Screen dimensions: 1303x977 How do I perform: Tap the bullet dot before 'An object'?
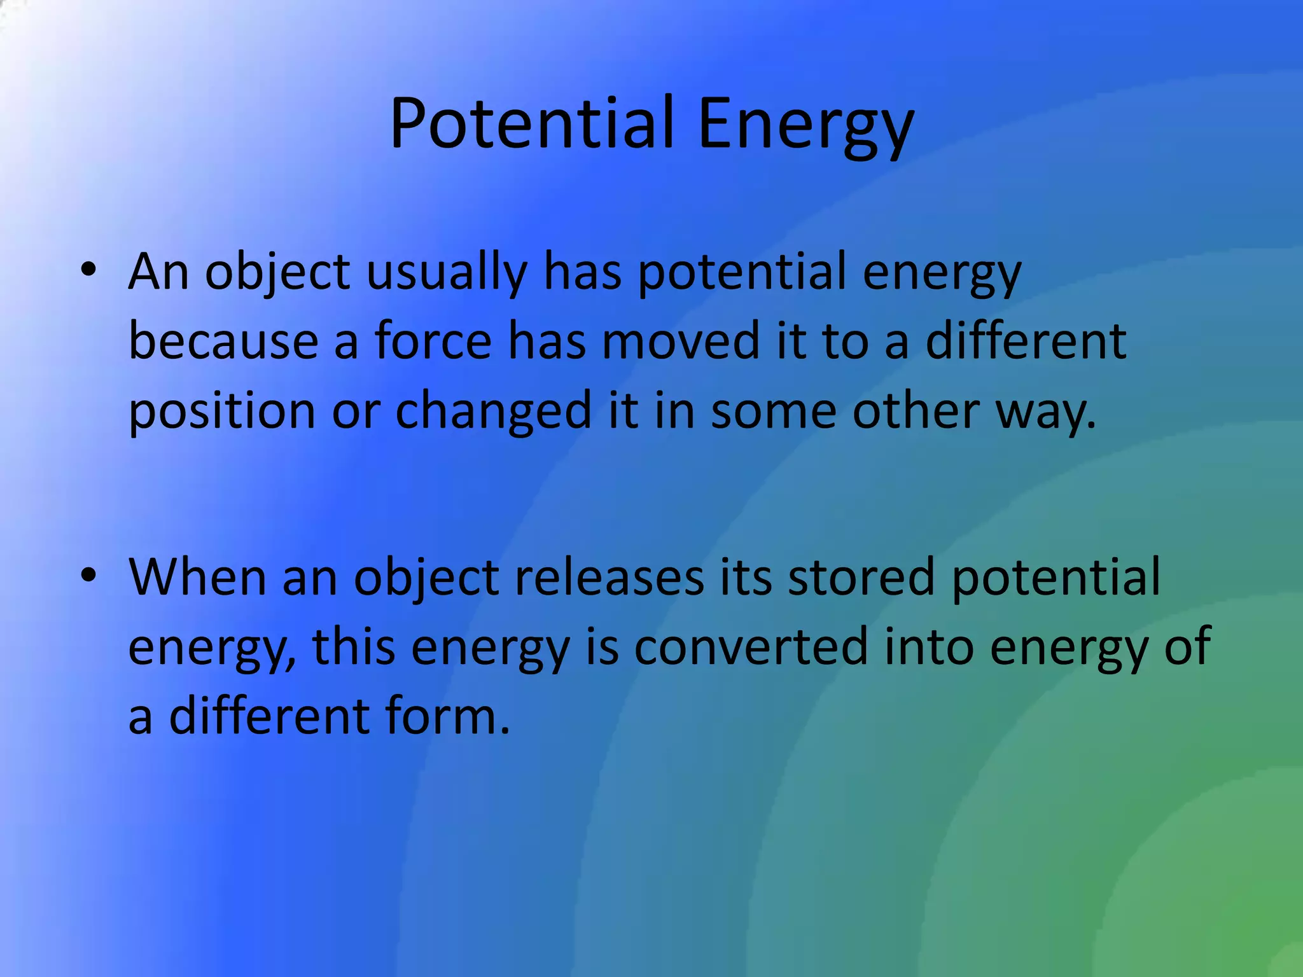tap(88, 270)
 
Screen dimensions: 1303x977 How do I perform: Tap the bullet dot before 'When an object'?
tap(88, 575)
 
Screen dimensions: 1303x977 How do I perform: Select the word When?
tap(198, 576)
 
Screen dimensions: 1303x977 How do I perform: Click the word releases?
tap(610, 576)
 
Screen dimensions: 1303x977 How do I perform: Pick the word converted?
tap(751, 646)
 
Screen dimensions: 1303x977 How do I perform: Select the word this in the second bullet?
tap(354, 646)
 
